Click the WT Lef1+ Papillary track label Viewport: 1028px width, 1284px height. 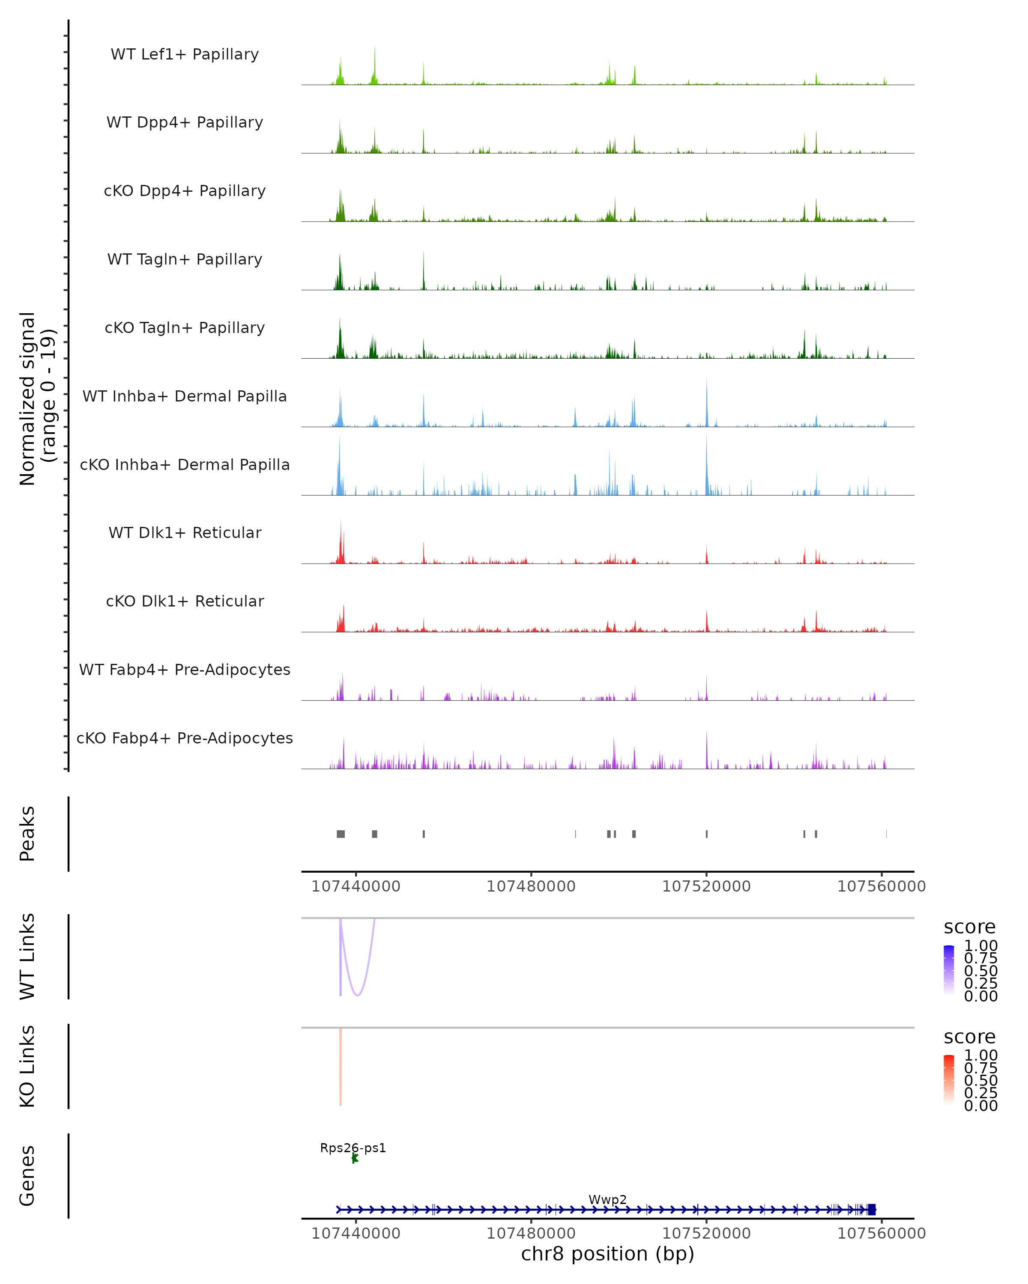(x=185, y=54)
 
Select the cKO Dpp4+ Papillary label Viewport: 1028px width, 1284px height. (x=185, y=191)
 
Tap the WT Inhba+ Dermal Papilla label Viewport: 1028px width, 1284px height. (x=185, y=397)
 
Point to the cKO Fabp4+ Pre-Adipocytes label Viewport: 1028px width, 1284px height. (x=185, y=738)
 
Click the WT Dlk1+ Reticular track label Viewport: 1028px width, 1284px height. (x=185, y=533)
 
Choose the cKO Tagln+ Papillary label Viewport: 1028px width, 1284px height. (x=185, y=328)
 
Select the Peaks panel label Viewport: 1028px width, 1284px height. (x=27, y=834)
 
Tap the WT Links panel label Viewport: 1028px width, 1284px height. (x=27, y=957)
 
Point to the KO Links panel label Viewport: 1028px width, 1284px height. (x=27, y=1067)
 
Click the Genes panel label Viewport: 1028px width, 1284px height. (x=27, y=1176)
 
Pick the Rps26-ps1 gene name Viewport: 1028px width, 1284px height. (x=353, y=1148)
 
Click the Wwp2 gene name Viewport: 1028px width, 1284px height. (x=607, y=1200)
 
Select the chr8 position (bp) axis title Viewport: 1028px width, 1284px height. (x=607, y=1254)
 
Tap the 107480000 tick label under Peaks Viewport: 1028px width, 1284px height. (x=531, y=887)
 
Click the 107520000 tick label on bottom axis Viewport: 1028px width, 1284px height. (x=706, y=1233)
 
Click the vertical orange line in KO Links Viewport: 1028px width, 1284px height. (x=340, y=1066)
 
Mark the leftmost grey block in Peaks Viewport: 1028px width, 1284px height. (x=340, y=834)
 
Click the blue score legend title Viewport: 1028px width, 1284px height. (x=969, y=927)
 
